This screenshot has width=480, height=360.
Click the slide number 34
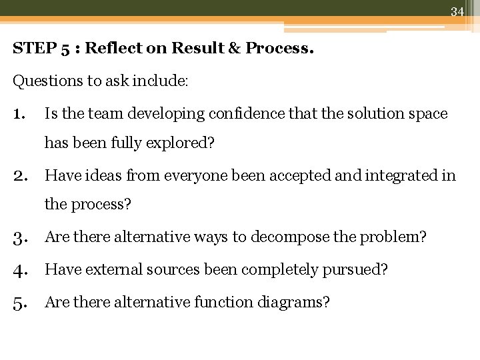[457, 11]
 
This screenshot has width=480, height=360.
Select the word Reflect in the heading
[111, 49]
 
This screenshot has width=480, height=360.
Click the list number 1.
[19, 114]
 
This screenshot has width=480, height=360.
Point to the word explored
[187, 142]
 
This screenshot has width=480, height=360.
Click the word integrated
[410, 176]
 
